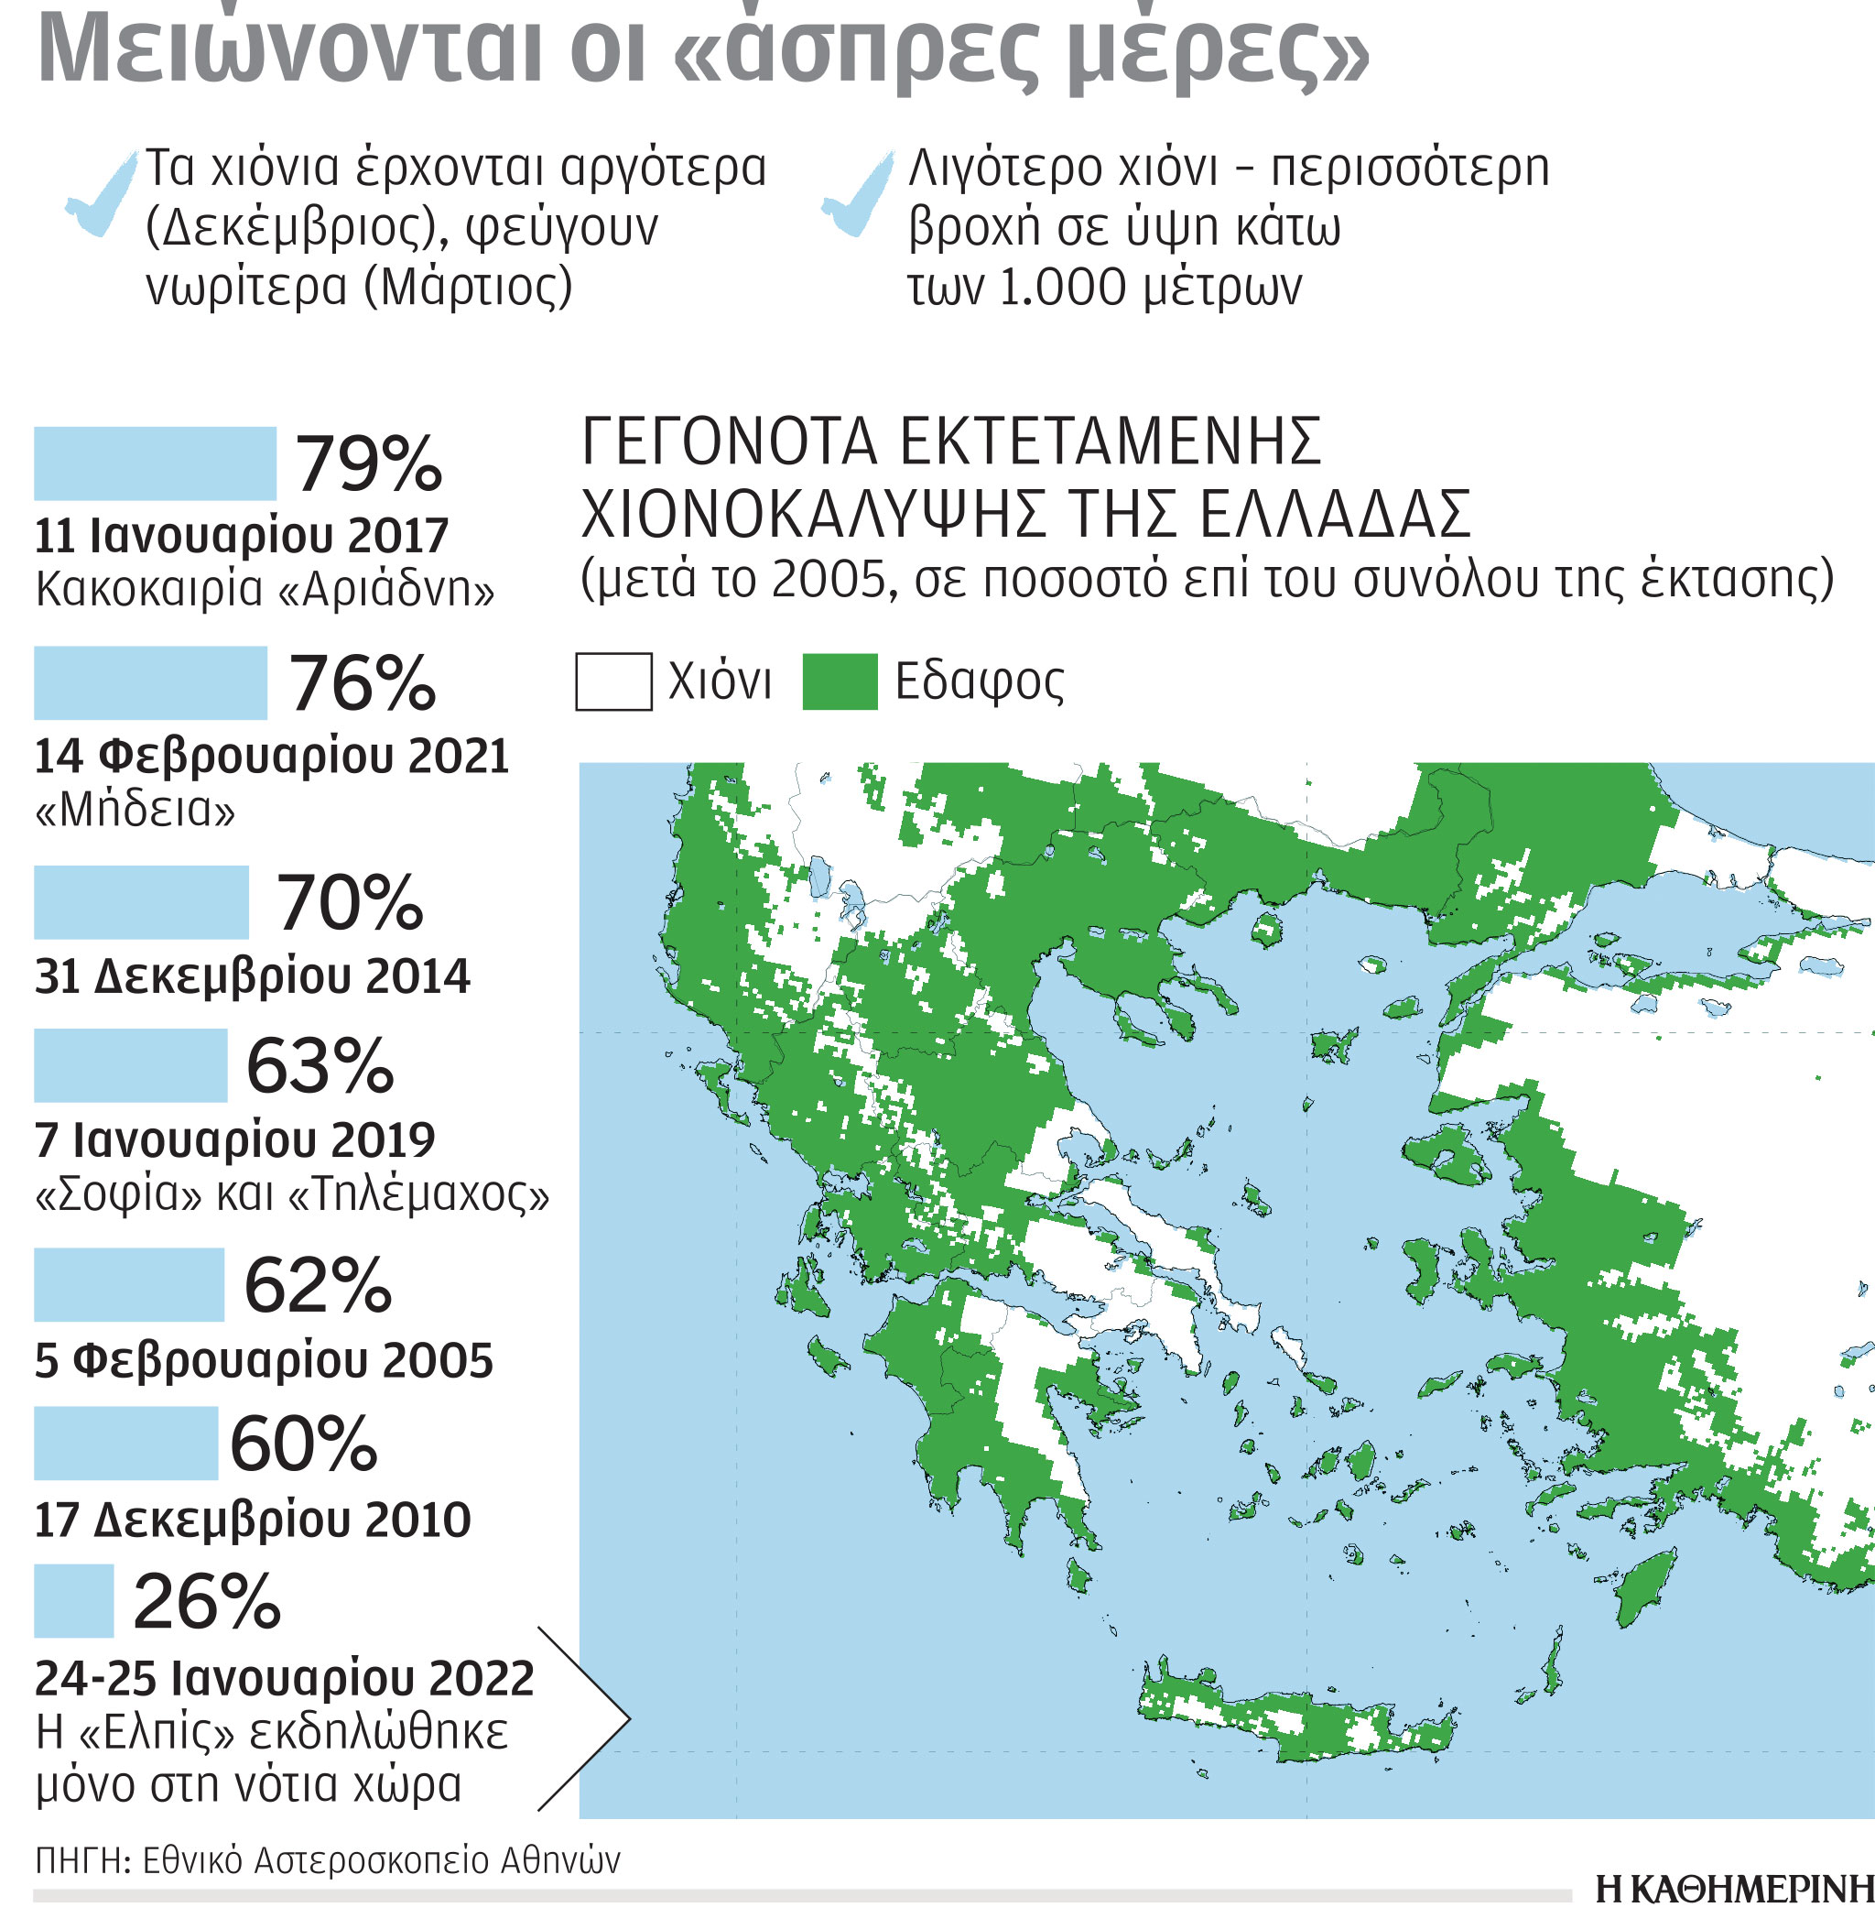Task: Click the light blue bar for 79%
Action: point(155,463)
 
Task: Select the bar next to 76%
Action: point(149,682)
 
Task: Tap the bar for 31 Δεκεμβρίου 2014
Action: point(141,901)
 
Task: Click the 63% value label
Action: point(320,1066)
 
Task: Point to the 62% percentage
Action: point(317,1285)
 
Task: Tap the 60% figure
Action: point(303,1444)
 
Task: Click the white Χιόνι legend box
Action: point(612,681)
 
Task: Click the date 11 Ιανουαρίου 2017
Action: point(242,536)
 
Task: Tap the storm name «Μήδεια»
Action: point(135,810)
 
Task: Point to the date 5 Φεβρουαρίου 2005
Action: point(264,1360)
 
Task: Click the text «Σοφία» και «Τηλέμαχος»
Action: point(291,1194)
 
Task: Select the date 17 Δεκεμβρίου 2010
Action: point(252,1520)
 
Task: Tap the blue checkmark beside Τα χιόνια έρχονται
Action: point(102,194)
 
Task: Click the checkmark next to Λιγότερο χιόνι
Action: point(859,194)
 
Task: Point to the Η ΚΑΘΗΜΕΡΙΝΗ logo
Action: point(1733,1889)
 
